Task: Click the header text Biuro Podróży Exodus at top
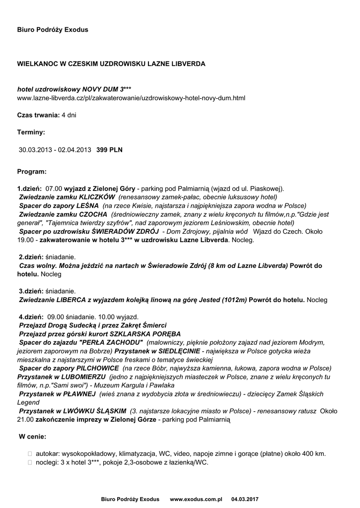53,30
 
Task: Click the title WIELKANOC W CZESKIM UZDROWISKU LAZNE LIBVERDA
111,64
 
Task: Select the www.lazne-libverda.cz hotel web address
131,98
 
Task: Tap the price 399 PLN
109,149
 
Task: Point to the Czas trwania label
38,115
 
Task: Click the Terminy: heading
31,132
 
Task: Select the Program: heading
32,171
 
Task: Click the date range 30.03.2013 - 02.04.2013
55,149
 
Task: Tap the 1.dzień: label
29,189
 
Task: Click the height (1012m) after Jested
235,300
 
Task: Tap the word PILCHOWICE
98,368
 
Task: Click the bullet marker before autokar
31,454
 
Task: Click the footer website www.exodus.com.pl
196,498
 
